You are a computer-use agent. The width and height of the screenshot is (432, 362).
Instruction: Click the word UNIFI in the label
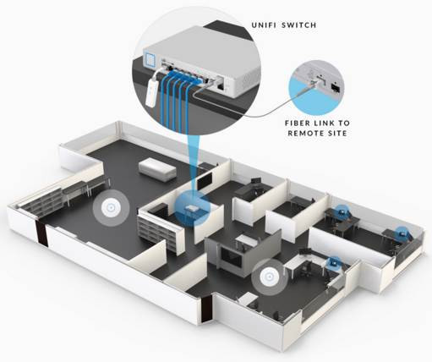coord(264,25)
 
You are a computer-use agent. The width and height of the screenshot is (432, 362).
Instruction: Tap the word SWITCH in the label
coord(299,25)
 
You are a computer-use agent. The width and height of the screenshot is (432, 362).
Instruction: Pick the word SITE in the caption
coord(336,133)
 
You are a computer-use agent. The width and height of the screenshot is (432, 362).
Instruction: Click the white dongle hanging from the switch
coord(152,91)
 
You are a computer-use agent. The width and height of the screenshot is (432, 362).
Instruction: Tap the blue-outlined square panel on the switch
coord(150,58)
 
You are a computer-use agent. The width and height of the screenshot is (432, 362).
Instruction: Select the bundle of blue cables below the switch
coord(175,100)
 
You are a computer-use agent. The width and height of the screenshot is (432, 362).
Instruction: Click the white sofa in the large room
coord(157,169)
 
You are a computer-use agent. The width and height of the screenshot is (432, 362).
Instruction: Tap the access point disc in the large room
coord(112,208)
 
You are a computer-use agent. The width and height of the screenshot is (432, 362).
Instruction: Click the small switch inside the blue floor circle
coord(192,209)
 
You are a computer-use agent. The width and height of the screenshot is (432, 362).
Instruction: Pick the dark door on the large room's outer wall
coord(41,233)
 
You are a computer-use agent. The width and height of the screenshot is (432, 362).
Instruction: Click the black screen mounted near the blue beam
coord(205,181)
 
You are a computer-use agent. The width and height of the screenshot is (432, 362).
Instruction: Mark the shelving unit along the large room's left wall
coord(42,201)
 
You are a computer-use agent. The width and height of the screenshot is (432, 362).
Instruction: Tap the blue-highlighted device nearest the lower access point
coord(335,263)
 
